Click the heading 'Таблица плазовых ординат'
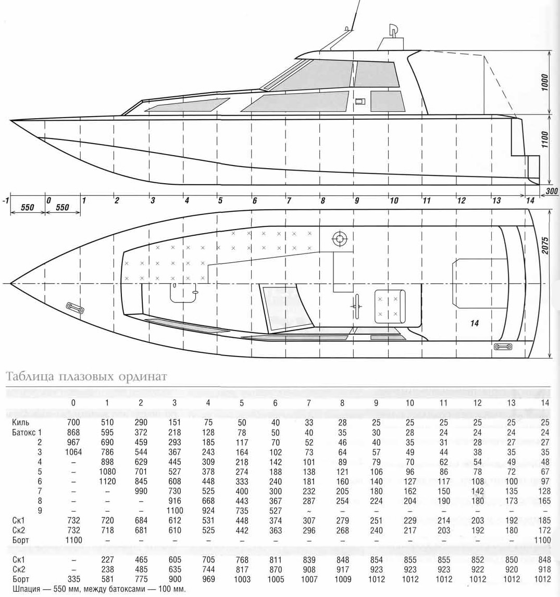pos(86,376)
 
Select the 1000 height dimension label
pos(545,82)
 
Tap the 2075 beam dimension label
pos(545,246)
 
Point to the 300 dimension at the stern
pos(552,191)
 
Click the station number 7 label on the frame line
pos(289,200)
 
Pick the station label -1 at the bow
pos(5,200)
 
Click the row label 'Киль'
pos(20,422)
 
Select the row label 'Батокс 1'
pos(27,432)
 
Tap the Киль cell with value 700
pos(73,422)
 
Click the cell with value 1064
pos(73,452)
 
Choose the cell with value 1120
pos(107,481)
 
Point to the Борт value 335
pos(73,579)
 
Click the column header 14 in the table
pos(545,402)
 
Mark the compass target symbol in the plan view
pos(340,239)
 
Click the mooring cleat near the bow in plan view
pos(75,308)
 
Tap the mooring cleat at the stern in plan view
pos(503,347)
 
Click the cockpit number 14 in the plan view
pos(474,323)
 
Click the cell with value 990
pos(141,491)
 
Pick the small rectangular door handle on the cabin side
pos(360,101)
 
